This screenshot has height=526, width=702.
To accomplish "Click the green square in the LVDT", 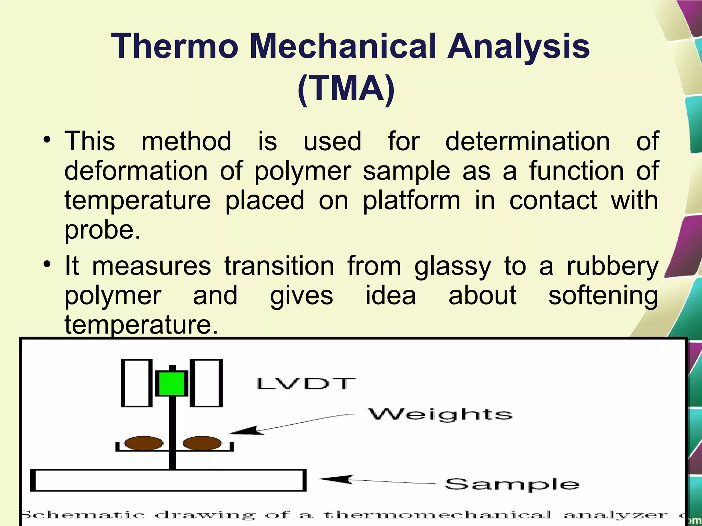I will (x=172, y=384).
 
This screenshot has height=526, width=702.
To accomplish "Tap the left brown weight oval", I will (x=144, y=443).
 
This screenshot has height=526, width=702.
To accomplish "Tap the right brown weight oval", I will (x=202, y=443).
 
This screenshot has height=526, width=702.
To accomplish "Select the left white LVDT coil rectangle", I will (x=136, y=383).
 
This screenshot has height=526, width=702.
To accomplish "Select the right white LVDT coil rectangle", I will (x=206, y=383).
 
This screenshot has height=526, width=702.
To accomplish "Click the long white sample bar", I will (x=168, y=480).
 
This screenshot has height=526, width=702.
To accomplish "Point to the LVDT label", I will (x=306, y=384).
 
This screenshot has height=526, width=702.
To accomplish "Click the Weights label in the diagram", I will (x=440, y=415).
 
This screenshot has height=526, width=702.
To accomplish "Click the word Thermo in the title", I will (x=174, y=47).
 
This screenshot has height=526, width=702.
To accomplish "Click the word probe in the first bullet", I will (x=102, y=230).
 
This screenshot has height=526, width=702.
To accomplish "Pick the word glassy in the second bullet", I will (x=452, y=266).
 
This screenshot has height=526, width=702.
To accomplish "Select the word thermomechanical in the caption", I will (x=438, y=515).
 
